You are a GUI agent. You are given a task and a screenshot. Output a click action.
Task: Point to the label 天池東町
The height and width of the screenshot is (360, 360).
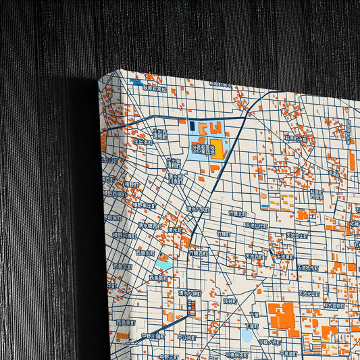coord(284,256)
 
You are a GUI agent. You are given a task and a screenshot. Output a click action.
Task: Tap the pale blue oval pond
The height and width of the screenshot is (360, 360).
coord(247,334)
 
